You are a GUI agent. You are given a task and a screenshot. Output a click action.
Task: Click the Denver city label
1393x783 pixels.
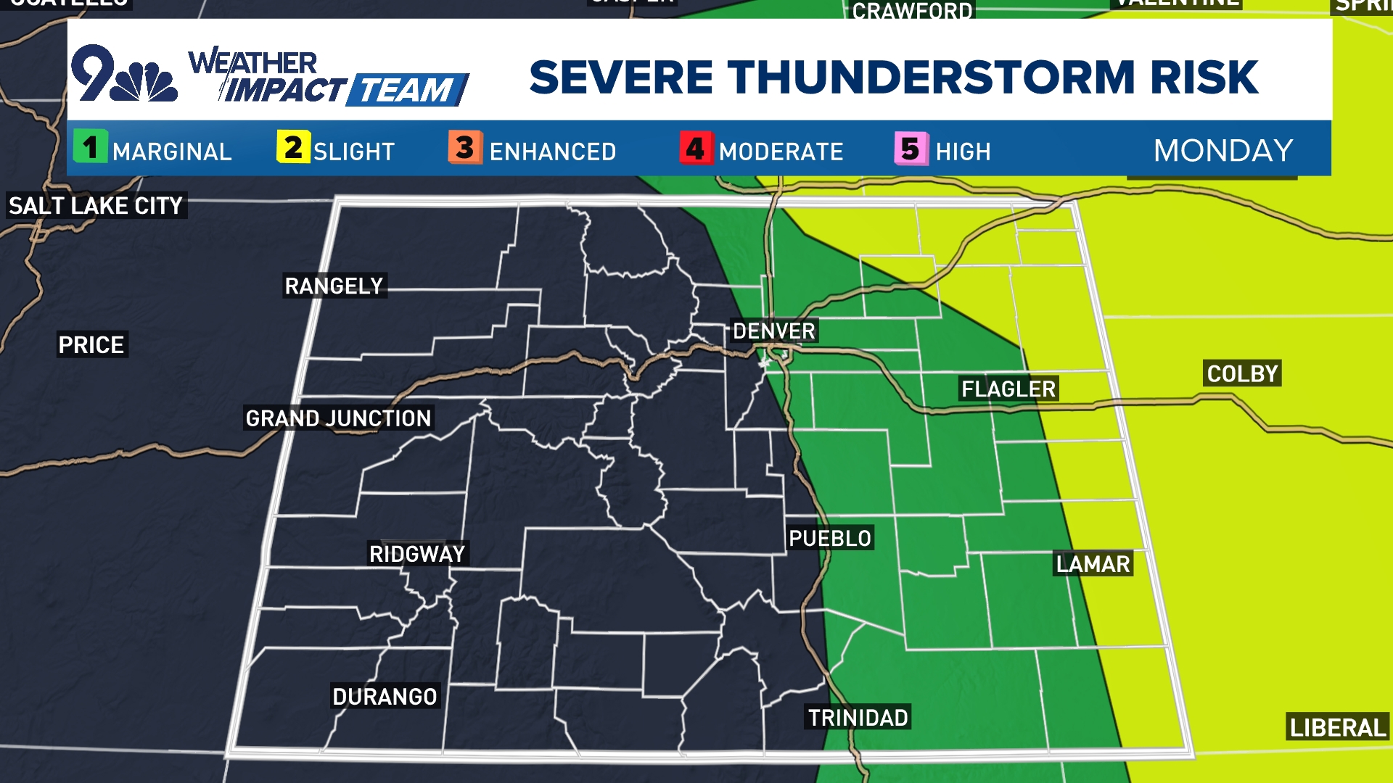pyautogui.click(x=774, y=331)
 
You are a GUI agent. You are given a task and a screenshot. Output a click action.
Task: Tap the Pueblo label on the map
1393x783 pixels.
pyautogui.click(x=830, y=538)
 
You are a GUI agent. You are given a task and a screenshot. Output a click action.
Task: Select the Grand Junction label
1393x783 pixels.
pyautogui.click(x=338, y=418)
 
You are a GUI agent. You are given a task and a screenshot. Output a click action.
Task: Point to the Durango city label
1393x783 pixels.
pyautogui.click(x=385, y=697)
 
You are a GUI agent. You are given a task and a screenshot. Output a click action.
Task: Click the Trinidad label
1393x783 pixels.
pyautogui.click(x=858, y=718)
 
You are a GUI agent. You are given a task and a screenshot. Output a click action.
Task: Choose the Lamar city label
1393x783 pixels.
pyautogui.click(x=1093, y=564)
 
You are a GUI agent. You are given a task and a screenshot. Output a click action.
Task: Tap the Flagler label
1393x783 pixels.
pyautogui.click(x=1008, y=389)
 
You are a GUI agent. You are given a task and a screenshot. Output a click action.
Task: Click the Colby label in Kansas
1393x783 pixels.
pyautogui.click(x=1242, y=374)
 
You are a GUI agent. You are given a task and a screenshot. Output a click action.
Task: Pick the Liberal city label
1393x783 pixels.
pyautogui.click(x=1337, y=727)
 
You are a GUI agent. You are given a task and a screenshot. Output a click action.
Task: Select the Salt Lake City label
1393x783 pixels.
pyautogui.click(x=96, y=206)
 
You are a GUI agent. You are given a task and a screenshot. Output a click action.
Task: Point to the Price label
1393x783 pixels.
pyautogui.click(x=91, y=345)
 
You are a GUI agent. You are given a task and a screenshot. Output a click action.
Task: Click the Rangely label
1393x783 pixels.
pyautogui.click(x=334, y=286)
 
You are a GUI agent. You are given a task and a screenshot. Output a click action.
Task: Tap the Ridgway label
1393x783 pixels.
pyautogui.click(x=417, y=555)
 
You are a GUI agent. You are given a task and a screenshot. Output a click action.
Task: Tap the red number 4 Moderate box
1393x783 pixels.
pyautogui.click(x=696, y=148)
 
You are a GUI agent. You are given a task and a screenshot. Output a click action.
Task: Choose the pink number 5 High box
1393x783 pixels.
pyautogui.click(x=911, y=149)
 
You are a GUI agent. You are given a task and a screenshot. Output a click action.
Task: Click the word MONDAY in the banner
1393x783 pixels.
pyautogui.click(x=1223, y=151)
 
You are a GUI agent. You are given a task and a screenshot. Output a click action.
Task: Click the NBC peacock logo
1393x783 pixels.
pyautogui.click(x=145, y=81)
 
